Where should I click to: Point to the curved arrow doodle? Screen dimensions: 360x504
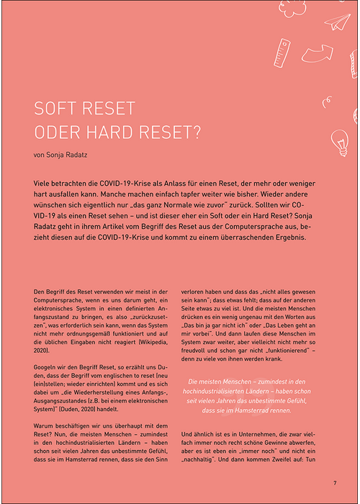322,54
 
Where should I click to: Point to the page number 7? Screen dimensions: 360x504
334,482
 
